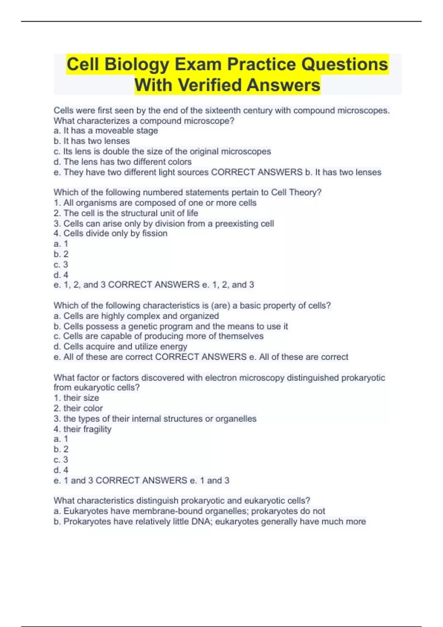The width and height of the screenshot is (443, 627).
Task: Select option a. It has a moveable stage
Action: (106, 131)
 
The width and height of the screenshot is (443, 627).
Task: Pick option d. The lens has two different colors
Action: (123, 162)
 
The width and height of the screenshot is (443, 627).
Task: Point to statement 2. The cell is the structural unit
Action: (126, 213)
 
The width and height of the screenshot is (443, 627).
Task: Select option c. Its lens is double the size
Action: (162, 151)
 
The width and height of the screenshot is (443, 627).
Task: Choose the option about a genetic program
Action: (171, 326)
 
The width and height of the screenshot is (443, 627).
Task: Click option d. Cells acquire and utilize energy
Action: (120, 346)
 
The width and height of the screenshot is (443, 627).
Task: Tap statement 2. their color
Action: (78, 408)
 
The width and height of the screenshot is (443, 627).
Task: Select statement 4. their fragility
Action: (82, 429)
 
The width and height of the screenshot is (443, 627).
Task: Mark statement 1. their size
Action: (76, 398)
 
